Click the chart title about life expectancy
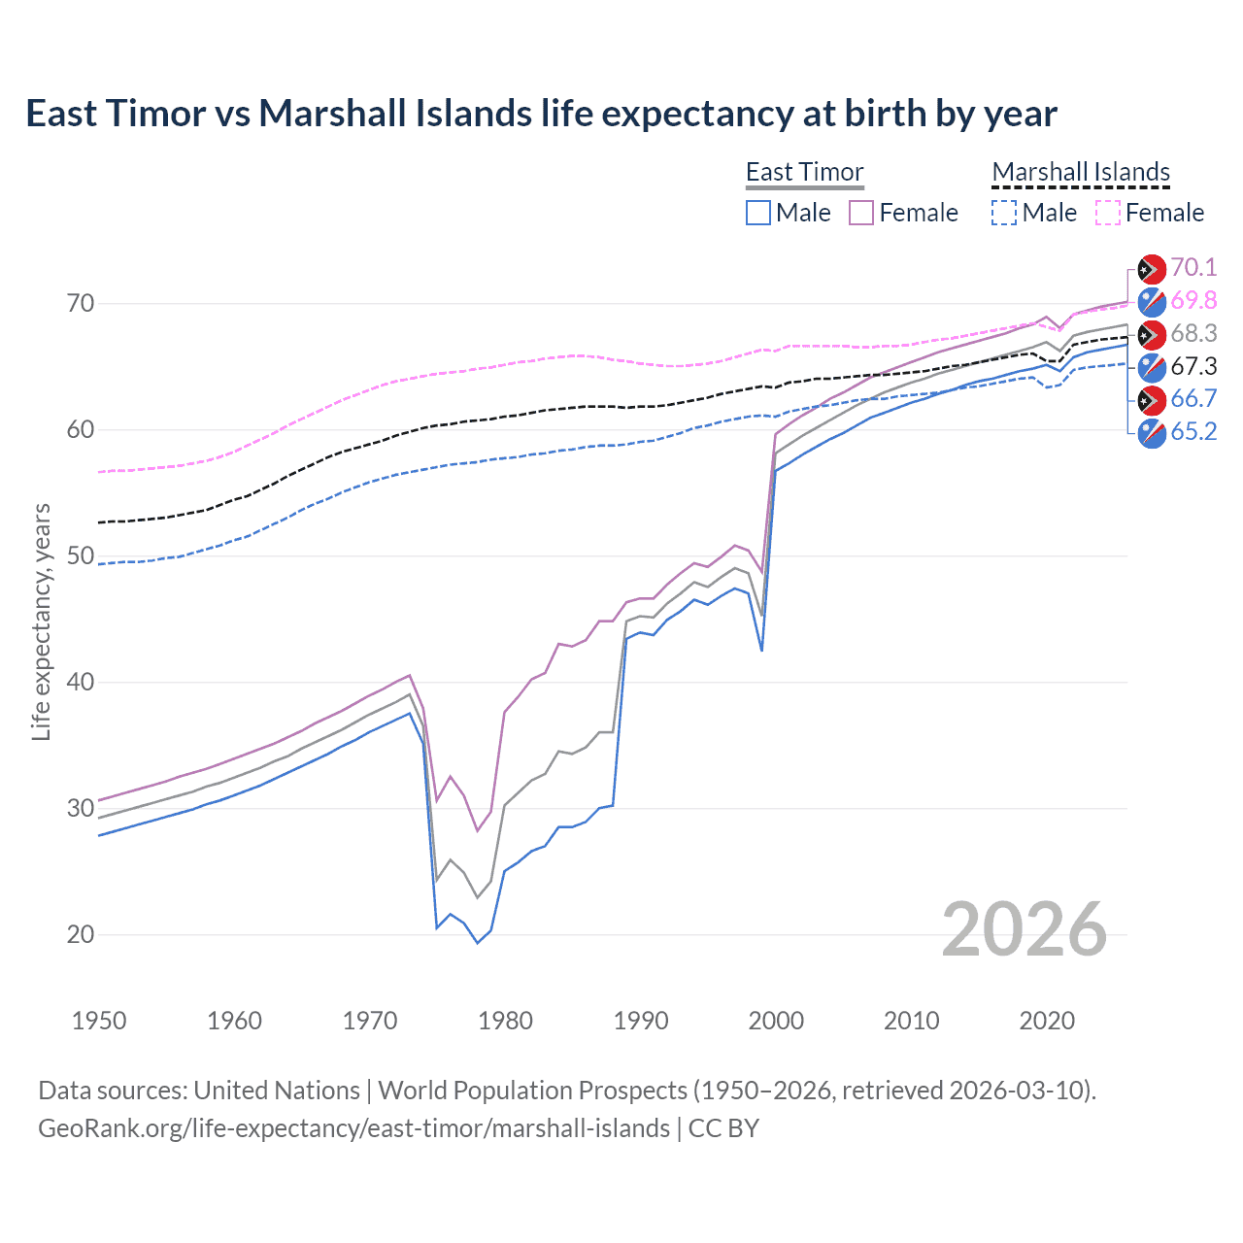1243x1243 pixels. click(541, 114)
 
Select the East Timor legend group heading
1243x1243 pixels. click(804, 172)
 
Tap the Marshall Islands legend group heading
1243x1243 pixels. click(1081, 172)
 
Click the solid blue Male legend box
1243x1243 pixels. click(758, 213)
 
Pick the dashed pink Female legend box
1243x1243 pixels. click(1108, 213)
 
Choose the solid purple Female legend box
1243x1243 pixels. click(861, 213)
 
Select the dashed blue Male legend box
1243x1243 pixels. click(1004, 213)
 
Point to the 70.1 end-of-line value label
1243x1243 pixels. click(1193, 268)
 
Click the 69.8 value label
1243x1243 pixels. click(1193, 300)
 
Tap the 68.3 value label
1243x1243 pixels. click(1193, 333)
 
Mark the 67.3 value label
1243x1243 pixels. click(1193, 366)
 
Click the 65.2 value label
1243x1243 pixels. click(1193, 431)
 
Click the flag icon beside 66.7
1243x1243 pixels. click(1152, 399)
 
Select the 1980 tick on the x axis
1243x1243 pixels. click(505, 1021)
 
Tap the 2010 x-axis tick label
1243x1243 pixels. click(911, 1021)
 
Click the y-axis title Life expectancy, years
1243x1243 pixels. click(42, 621)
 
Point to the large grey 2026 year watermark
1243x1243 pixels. click(1024, 929)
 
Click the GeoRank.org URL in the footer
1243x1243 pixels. click(354, 1127)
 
